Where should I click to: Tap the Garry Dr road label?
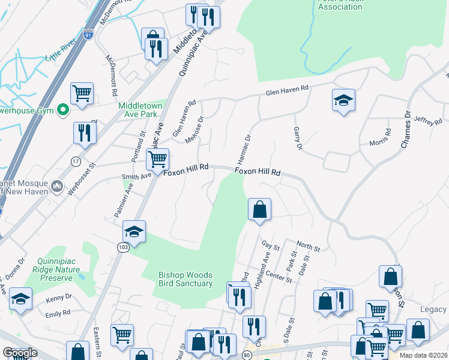coord(297,139)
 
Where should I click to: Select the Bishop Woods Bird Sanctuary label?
coord(185,279)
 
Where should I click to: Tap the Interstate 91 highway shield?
coord(88,36)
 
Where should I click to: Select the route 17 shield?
coord(76,160)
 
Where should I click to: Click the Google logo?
coord(19,353)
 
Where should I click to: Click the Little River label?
coord(62,58)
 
